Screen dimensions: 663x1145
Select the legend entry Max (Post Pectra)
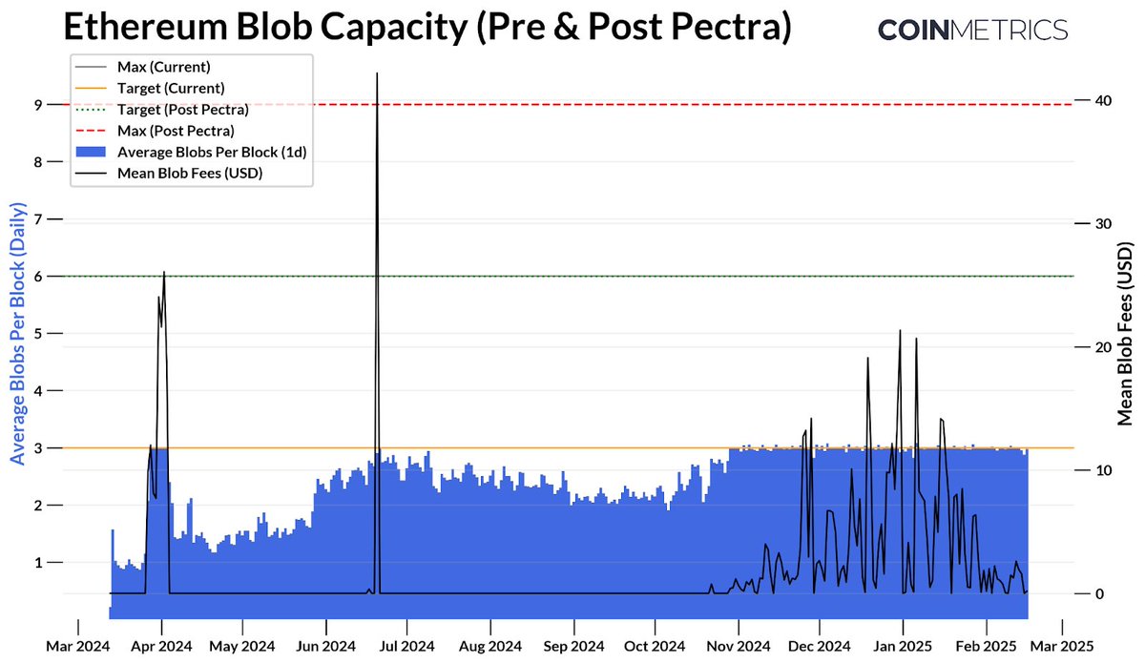[x=176, y=130]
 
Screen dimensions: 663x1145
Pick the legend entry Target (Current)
[x=171, y=88]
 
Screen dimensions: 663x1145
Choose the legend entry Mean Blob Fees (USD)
[x=189, y=173]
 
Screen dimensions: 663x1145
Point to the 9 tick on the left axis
[x=38, y=105]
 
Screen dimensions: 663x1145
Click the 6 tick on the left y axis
[x=38, y=277]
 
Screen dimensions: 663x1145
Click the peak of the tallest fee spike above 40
[x=377, y=73]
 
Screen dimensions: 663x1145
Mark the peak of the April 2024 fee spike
[x=164, y=273]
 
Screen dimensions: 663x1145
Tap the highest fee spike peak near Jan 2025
[x=900, y=331]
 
